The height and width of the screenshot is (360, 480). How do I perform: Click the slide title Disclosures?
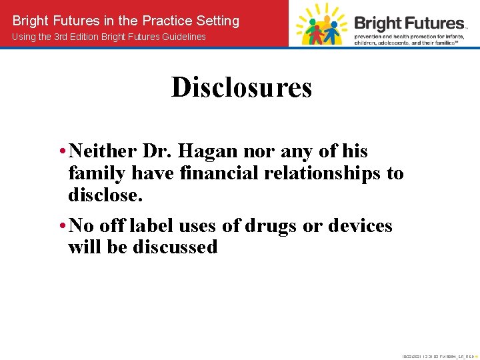241,87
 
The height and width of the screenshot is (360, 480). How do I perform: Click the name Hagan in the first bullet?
218,151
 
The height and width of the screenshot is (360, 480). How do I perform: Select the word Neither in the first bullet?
102,151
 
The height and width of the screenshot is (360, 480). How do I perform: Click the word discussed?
175,247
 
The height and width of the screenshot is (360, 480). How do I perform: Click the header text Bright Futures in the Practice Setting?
126,21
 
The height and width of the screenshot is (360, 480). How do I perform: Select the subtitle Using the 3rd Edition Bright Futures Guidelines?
109,37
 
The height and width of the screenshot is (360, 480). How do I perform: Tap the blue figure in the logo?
334,29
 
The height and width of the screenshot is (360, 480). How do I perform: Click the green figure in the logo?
303,30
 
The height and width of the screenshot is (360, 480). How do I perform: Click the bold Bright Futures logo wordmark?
409,23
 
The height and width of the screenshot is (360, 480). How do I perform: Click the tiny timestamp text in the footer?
436,356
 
